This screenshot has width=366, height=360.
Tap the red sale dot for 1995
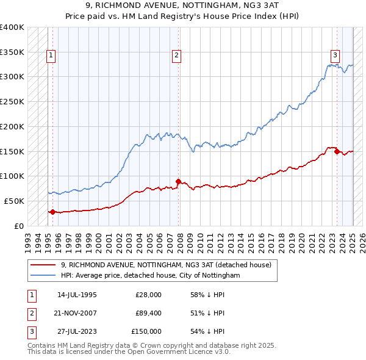52,212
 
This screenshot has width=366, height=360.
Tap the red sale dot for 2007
178,181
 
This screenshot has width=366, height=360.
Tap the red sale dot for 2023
337,151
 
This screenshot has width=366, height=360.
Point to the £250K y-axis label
12,101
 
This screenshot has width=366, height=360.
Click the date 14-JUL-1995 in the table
77,295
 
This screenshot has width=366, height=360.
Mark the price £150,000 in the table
146,331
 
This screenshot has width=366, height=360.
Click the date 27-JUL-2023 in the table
77,331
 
